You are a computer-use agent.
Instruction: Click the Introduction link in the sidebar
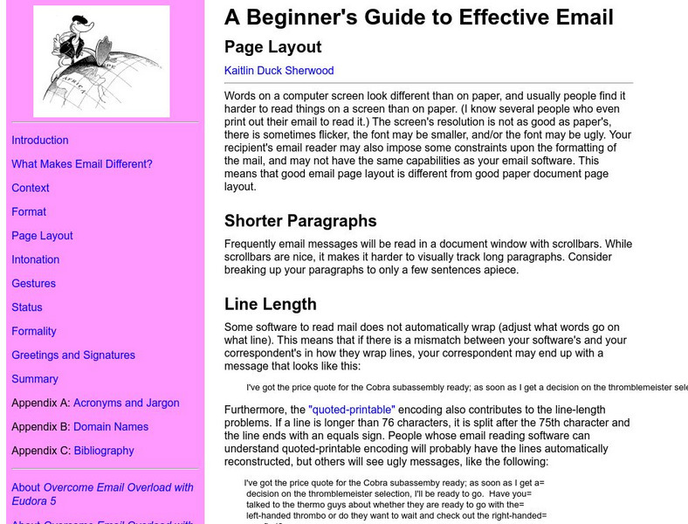40,140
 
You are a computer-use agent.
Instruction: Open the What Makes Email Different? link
82,164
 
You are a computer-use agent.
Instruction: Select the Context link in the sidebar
31,188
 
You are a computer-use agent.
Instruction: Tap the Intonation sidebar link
36,259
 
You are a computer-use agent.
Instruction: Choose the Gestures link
34,283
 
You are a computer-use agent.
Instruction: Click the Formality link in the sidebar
34,331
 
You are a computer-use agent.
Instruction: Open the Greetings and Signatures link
73,355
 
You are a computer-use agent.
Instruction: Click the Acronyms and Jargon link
127,403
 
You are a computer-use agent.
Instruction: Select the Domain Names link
111,426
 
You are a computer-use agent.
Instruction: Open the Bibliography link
104,451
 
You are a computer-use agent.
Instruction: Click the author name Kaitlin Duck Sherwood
279,71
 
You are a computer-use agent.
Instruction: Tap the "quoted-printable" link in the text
352,409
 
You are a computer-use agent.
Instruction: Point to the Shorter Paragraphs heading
300,221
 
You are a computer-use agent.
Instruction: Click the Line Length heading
270,304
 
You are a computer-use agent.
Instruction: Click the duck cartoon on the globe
101,61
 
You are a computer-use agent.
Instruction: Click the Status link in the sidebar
27,307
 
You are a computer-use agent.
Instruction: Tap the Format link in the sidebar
29,211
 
